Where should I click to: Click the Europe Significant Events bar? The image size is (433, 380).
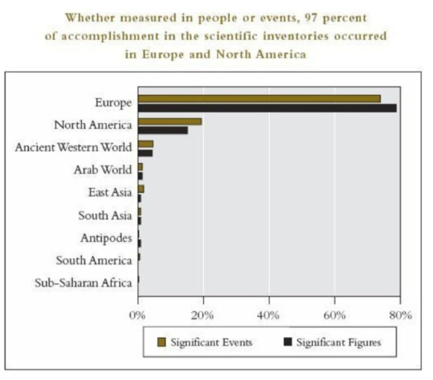pyautogui.click(x=259, y=99)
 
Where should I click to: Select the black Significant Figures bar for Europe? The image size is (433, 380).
pyautogui.click(x=267, y=108)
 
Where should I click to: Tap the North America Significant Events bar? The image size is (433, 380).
pyautogui.click(x=170, y=121)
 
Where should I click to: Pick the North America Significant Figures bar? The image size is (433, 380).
pyautogui.click(x=163, y=130)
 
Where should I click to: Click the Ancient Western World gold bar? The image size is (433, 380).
pyautogui.click(x=145, y=144)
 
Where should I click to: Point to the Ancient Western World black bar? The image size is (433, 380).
pyautogui.click(x=145, y=153)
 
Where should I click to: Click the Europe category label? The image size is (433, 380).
pyautogui.click(x=113, y=103)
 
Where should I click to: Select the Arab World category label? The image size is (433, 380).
pyautogui.click(x=103, y=170)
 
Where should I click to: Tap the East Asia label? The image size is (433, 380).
pyautogui.click(x=109, y=192)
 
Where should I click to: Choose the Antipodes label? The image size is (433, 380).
pyautogui.click(x=106, y=238)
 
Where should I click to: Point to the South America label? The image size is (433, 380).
pyautogui.click(x=94, y=260)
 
